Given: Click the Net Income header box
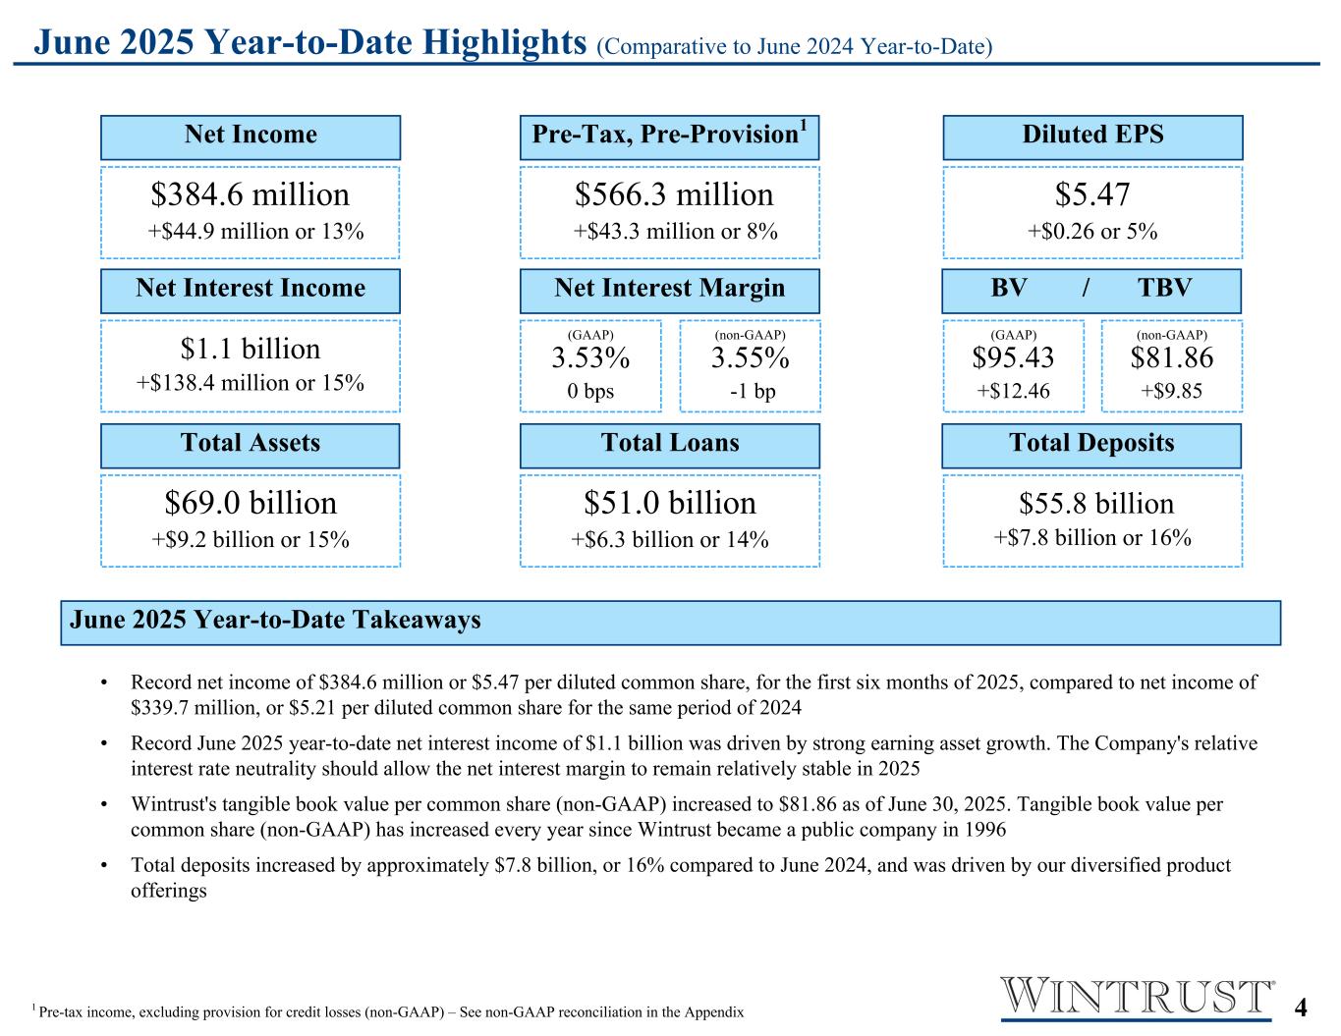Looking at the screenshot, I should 251,136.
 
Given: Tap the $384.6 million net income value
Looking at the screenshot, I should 251,194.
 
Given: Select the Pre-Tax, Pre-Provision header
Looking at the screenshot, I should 669,136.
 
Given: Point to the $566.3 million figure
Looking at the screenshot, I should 674,194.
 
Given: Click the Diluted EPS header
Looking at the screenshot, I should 1092,136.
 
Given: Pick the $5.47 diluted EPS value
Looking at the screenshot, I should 1092,194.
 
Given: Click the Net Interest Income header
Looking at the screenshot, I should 251,290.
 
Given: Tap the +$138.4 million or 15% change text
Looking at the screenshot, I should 251,383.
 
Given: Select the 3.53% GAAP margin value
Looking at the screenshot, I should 590,358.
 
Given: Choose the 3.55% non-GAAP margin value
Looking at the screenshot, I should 751,358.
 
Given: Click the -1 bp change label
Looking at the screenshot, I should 753,391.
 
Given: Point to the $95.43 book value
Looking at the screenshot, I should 1013,358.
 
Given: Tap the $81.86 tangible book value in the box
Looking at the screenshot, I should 1172,358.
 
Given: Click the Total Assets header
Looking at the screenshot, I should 251,445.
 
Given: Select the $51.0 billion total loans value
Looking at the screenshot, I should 670,503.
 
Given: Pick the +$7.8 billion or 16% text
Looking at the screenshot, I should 1092,538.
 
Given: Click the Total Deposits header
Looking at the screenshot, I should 1091,445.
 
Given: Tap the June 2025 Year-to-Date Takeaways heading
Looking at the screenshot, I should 275,621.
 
